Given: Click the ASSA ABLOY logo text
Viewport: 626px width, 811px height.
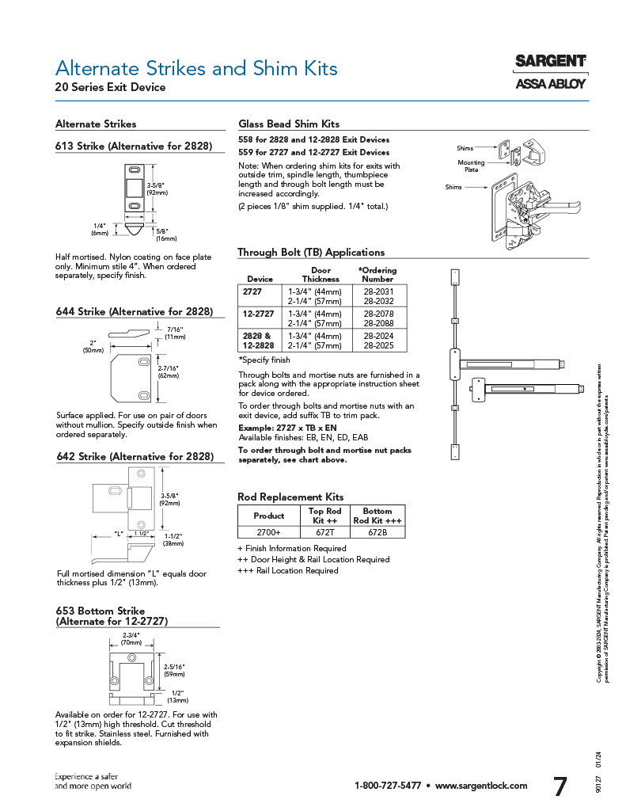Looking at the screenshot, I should click(551, 83).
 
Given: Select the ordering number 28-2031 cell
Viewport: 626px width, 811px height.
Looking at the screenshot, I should click(378, 291).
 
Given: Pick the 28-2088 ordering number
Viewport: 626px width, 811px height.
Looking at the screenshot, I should click(378, 322).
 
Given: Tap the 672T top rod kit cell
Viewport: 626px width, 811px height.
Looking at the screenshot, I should click(324, 532).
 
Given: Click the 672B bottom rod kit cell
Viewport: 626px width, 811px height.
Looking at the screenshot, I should click(377, 532).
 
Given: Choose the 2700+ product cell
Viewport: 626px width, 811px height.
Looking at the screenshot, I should click(268, 532).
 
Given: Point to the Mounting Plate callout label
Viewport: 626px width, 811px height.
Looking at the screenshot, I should click(471, 166).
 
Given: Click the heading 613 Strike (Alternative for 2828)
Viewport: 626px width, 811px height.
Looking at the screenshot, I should click(134, 146).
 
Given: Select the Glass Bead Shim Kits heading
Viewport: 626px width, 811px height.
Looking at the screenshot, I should click(289, 124).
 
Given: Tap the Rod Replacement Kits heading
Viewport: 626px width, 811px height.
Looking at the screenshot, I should click(290, 497).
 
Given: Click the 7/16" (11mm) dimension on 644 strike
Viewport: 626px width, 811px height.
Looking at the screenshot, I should click(176, 333).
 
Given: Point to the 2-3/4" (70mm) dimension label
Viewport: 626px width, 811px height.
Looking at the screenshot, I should click(131, 639).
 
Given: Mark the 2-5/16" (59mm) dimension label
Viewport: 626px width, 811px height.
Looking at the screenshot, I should click(174, 670).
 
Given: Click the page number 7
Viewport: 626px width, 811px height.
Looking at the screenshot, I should click(560, 787).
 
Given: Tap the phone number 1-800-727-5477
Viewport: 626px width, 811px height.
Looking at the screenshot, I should click(388, 786).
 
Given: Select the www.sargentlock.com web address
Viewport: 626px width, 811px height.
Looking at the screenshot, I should click(481, 786).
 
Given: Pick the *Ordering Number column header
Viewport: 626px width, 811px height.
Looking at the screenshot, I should click(377, 274).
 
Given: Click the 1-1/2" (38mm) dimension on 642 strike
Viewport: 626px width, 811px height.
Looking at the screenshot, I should click(173, 540).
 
